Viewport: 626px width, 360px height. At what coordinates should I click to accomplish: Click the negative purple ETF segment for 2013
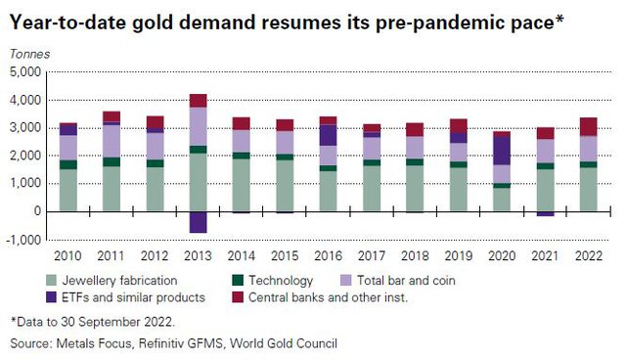click(198, 222)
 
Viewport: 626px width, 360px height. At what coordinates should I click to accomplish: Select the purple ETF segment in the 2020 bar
click(502, 151)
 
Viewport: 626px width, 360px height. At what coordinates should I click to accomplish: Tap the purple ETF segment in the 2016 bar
click(329, 135)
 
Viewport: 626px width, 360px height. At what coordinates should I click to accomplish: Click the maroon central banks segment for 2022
click(589, 127)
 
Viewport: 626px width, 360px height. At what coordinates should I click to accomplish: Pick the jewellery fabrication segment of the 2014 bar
click(242, 185)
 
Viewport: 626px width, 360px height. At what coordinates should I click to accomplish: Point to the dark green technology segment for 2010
click(68, 164)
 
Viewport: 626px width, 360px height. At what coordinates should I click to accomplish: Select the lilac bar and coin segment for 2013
click(198, 126)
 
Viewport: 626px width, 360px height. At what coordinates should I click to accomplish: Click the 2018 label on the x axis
click(415, 256)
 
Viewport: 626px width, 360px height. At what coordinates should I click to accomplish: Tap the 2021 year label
click(545, 256)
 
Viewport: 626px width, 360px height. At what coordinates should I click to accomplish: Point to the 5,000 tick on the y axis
click(25, 72)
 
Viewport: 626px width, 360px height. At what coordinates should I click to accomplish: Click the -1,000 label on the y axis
click(22, 240)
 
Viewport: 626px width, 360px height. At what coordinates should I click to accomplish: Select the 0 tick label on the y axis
click(37, 210)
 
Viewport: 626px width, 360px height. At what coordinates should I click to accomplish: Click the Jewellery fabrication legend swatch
click(51, 280)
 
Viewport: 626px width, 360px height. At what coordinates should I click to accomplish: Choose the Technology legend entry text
click(281, 281)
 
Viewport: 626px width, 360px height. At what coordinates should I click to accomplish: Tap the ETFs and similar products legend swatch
click(51, 297)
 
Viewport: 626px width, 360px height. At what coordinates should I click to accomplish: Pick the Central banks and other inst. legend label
click(329, 297)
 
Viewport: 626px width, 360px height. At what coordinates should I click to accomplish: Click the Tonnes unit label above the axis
click(30, 54)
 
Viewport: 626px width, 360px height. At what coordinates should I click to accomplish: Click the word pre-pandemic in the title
click(441, 22)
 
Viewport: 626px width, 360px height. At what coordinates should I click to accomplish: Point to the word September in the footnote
click(102, 322)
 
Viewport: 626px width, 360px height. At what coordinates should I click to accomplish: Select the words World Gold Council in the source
click(284, 343)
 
